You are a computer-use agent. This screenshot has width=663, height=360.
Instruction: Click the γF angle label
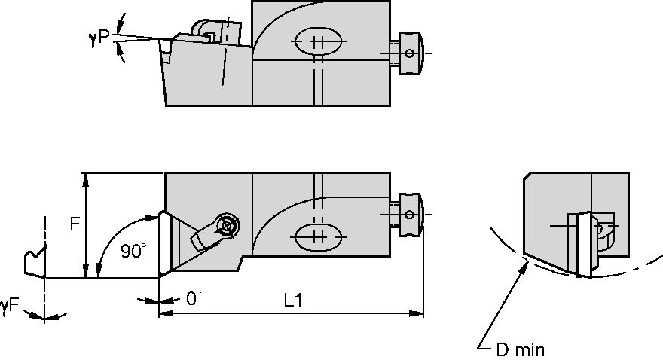(x=11, y=305)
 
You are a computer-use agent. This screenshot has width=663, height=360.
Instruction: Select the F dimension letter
(x=75, y=224)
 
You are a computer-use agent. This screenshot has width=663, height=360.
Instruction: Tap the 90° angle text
(x=133, y=252)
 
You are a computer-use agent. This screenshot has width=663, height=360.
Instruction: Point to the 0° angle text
(x=194, y=299)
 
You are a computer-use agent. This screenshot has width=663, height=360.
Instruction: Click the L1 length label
(x=293, y=300)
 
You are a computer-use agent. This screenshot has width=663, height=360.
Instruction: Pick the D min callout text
(x=520, y=349)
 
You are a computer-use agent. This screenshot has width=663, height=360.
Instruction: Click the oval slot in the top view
(x=316, y=42)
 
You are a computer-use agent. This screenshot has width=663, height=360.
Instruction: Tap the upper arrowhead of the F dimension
(x=87, y=178)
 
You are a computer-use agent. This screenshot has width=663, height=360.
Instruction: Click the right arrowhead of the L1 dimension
(x=419, y=313)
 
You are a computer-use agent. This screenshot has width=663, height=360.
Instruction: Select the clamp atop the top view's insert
(x=215, y=32)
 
